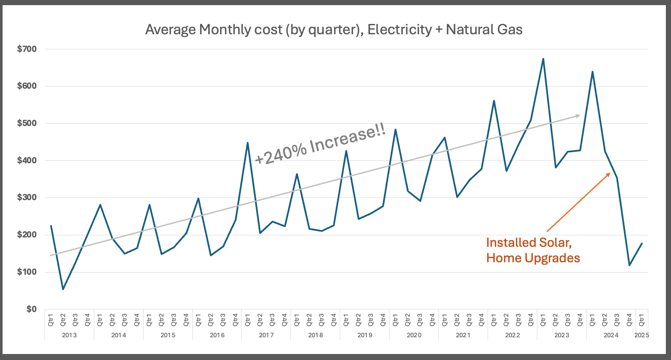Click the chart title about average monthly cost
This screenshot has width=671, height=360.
tap(334, 30)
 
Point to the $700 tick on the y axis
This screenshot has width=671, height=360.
tap(27, 49)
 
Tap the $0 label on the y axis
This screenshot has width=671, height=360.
tap(30, 309)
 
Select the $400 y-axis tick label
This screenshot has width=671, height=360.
tap(27, 161)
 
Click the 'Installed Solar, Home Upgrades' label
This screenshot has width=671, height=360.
tap(533, 250)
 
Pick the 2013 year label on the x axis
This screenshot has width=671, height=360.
tap(69, 335)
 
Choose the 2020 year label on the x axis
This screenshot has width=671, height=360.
tap(414, 335)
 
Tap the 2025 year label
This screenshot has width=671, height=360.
tap(641, 335)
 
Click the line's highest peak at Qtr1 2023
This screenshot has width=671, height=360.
tap(543, 59)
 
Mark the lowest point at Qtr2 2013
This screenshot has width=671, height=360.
tap(63, 289)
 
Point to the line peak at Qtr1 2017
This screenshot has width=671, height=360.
tap(248, 143)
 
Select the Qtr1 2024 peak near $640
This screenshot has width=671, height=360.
tap(592, 72)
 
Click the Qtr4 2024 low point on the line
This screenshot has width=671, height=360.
tap(629, 265)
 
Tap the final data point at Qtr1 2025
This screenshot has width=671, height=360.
tap(642, 243)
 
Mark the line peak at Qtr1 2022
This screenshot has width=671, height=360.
tap(494, 101)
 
